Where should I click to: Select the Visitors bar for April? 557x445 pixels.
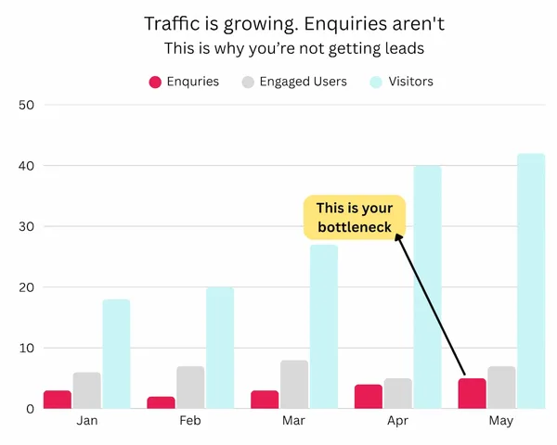427,287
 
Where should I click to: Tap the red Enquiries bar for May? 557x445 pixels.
472,393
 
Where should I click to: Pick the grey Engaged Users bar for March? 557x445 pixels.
294,384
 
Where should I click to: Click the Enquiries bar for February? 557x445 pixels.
161,402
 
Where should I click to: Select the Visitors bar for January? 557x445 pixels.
116,353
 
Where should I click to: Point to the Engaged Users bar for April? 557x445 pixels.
398,393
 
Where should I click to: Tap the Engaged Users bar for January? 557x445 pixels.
86,390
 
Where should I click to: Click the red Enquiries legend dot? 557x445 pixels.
155,82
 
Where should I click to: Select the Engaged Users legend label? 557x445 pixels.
303,82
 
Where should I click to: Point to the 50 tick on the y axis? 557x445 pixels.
27,105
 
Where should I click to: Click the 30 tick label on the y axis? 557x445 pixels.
27,226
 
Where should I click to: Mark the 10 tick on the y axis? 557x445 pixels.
27,348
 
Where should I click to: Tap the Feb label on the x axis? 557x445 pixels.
190,421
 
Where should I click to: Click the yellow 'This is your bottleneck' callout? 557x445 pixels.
355,218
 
